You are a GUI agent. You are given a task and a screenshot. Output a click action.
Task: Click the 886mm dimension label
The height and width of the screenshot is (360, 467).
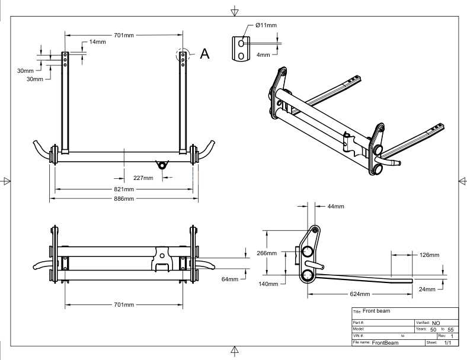coord(124,198)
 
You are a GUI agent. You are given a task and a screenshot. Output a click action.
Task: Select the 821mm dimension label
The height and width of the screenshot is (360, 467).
coord(124,189)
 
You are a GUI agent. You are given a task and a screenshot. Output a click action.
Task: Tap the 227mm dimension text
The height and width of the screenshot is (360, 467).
coord(143,178)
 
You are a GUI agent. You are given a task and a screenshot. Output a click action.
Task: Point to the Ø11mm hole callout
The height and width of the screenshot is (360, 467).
coord(266,25)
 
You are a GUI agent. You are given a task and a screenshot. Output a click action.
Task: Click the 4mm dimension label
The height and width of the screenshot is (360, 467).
coord(263,54)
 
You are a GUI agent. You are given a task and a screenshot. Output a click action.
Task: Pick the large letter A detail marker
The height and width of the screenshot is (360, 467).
coord(204,53)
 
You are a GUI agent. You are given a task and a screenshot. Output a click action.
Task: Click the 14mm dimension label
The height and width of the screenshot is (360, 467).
coord(97,41)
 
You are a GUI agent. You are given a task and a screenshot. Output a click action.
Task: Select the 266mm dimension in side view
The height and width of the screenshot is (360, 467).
coord(267,253)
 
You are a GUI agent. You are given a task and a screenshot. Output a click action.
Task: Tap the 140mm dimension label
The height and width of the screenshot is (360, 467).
coord(268,284)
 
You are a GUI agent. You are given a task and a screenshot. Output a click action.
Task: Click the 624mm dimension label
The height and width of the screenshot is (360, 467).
coord(360,294)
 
